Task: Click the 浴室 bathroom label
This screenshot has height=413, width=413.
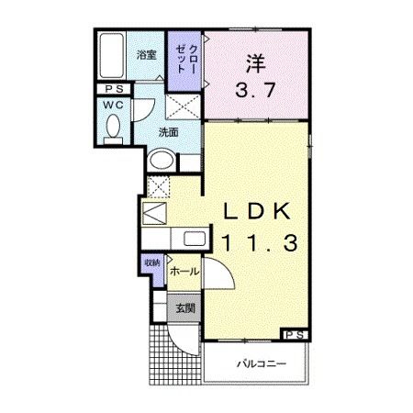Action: [x=146, y=55]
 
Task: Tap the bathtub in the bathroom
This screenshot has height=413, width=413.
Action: [x=116, y=57]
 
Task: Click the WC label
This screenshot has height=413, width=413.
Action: [x=114, y=105]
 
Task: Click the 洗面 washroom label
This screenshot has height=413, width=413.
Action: [x=166, y=131]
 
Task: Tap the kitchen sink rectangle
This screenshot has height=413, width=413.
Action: [x=195, y=240]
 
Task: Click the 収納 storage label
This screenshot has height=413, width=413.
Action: [x=151, y=263]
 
